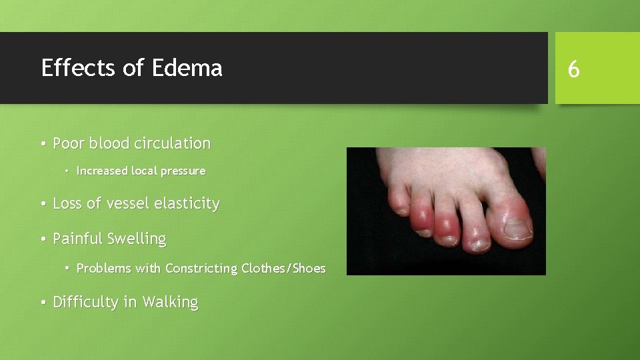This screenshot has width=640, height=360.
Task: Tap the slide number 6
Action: [573, 69]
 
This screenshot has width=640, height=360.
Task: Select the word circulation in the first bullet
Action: [173, 143]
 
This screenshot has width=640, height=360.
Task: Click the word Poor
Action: [69, 143]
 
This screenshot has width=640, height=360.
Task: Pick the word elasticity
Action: [187, 203]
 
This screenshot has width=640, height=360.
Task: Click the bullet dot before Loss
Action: [42, 204]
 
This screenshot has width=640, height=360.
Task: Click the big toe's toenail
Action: [517, 231]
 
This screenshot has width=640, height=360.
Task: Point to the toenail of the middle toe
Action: [445, 241]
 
